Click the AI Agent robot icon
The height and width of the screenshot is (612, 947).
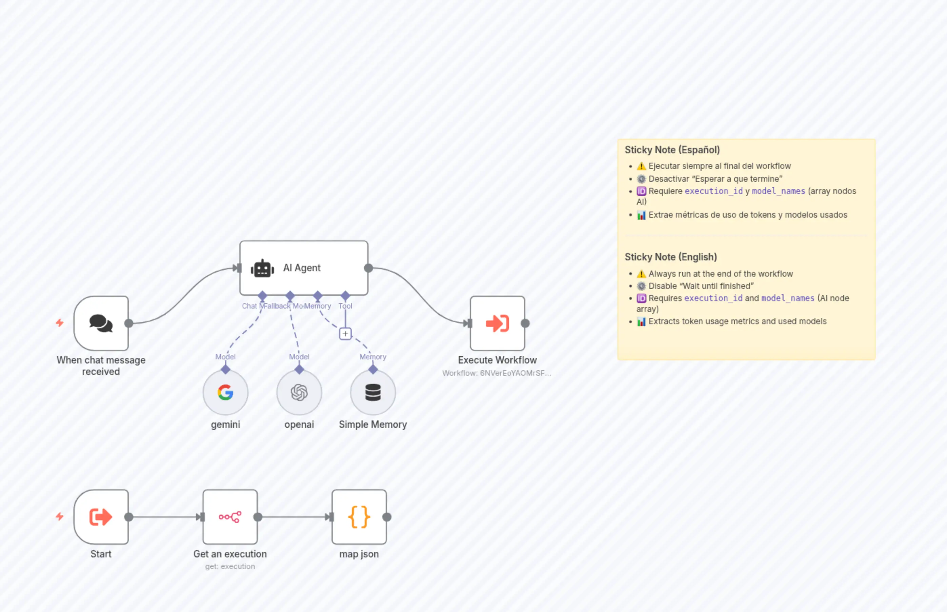click(x=262, y=269)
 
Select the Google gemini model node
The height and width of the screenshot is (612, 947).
click(x=225, y=393)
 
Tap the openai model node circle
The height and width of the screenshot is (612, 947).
click(x=299, y=393)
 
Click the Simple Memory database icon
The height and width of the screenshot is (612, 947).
click(x=372, y=393)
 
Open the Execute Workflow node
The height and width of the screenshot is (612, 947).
click(x=497, y=323)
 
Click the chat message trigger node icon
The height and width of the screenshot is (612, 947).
click(x=101, y=323)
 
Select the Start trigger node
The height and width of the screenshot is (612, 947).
click(x=101, y=517)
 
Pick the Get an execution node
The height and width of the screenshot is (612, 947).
click(x=230, y=517)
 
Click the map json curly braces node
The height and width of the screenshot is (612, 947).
click(x=359, y=517)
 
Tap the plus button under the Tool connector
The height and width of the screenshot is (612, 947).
click(x=345, y=334)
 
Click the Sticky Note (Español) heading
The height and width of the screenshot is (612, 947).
click(x=672, y=150)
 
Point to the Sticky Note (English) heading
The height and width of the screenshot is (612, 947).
click(x=670, y=257)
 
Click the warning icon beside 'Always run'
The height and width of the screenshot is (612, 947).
click(x=641, y=274)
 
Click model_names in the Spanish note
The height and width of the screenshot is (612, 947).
click(x=778, y=191)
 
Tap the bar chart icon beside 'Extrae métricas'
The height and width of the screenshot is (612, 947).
click(x=641, y=215)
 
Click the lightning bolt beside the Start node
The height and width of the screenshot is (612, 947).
click(x=60, y=516)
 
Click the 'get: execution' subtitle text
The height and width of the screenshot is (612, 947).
click(x=230, y=566)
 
